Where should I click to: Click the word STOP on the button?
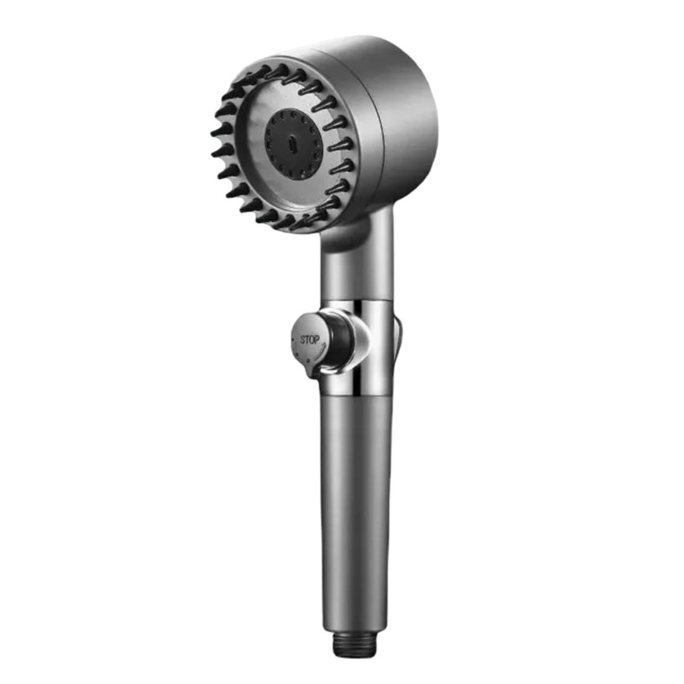310,340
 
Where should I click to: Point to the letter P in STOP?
317,340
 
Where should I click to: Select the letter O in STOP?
312,340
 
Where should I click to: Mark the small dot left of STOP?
292,338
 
